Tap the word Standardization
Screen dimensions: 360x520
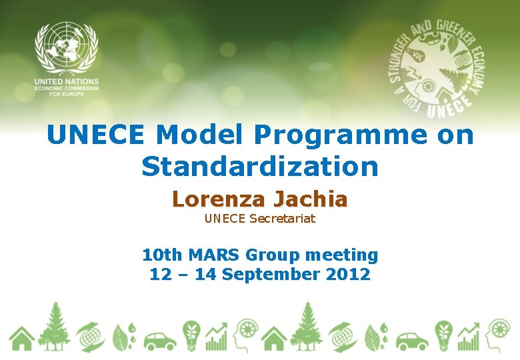click(x=260, y=167)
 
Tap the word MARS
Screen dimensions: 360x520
click(x=215, y=255)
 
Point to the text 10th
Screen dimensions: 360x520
click(x=163, y=255)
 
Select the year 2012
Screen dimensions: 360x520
click(x=348, y=274)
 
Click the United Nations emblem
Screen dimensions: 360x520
click(x=67, y=48)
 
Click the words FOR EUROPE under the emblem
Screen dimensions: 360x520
click(x=67, y=94)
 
